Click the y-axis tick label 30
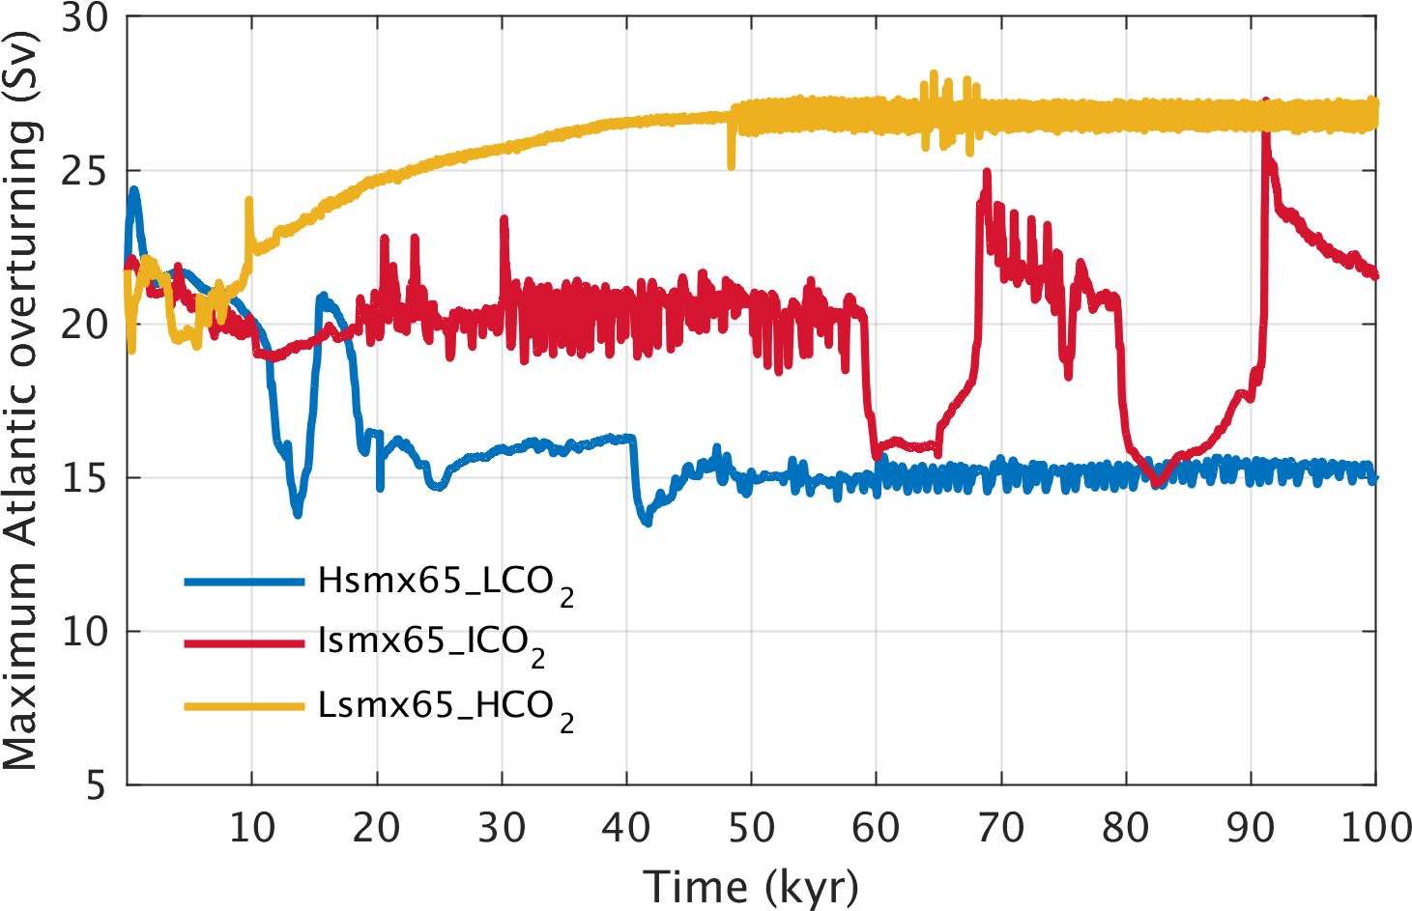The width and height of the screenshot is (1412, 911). (84, 18)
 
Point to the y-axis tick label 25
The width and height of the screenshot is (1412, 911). (84, 171)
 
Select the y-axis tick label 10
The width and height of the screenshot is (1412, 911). (84, 632)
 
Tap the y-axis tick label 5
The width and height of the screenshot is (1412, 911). (95, 785)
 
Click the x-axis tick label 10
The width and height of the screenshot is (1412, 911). (251, 828)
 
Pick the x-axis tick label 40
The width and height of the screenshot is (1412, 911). (626, 828)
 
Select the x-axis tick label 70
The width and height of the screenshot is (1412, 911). (1001, 828)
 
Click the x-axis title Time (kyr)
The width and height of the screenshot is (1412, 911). (751, 886)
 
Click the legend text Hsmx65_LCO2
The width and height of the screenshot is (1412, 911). (446, 583)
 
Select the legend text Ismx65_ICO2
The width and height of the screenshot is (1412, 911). (431, 643)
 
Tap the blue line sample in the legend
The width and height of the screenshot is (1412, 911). (244, 582)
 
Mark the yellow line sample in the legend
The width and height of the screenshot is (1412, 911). (244, 707)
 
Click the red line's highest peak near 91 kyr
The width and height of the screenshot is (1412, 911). (1266, 102)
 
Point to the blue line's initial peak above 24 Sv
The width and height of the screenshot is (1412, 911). (133, 191)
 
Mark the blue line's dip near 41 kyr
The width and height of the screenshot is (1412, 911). (646, 522)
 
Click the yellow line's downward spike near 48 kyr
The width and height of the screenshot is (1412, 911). (731, 164)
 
